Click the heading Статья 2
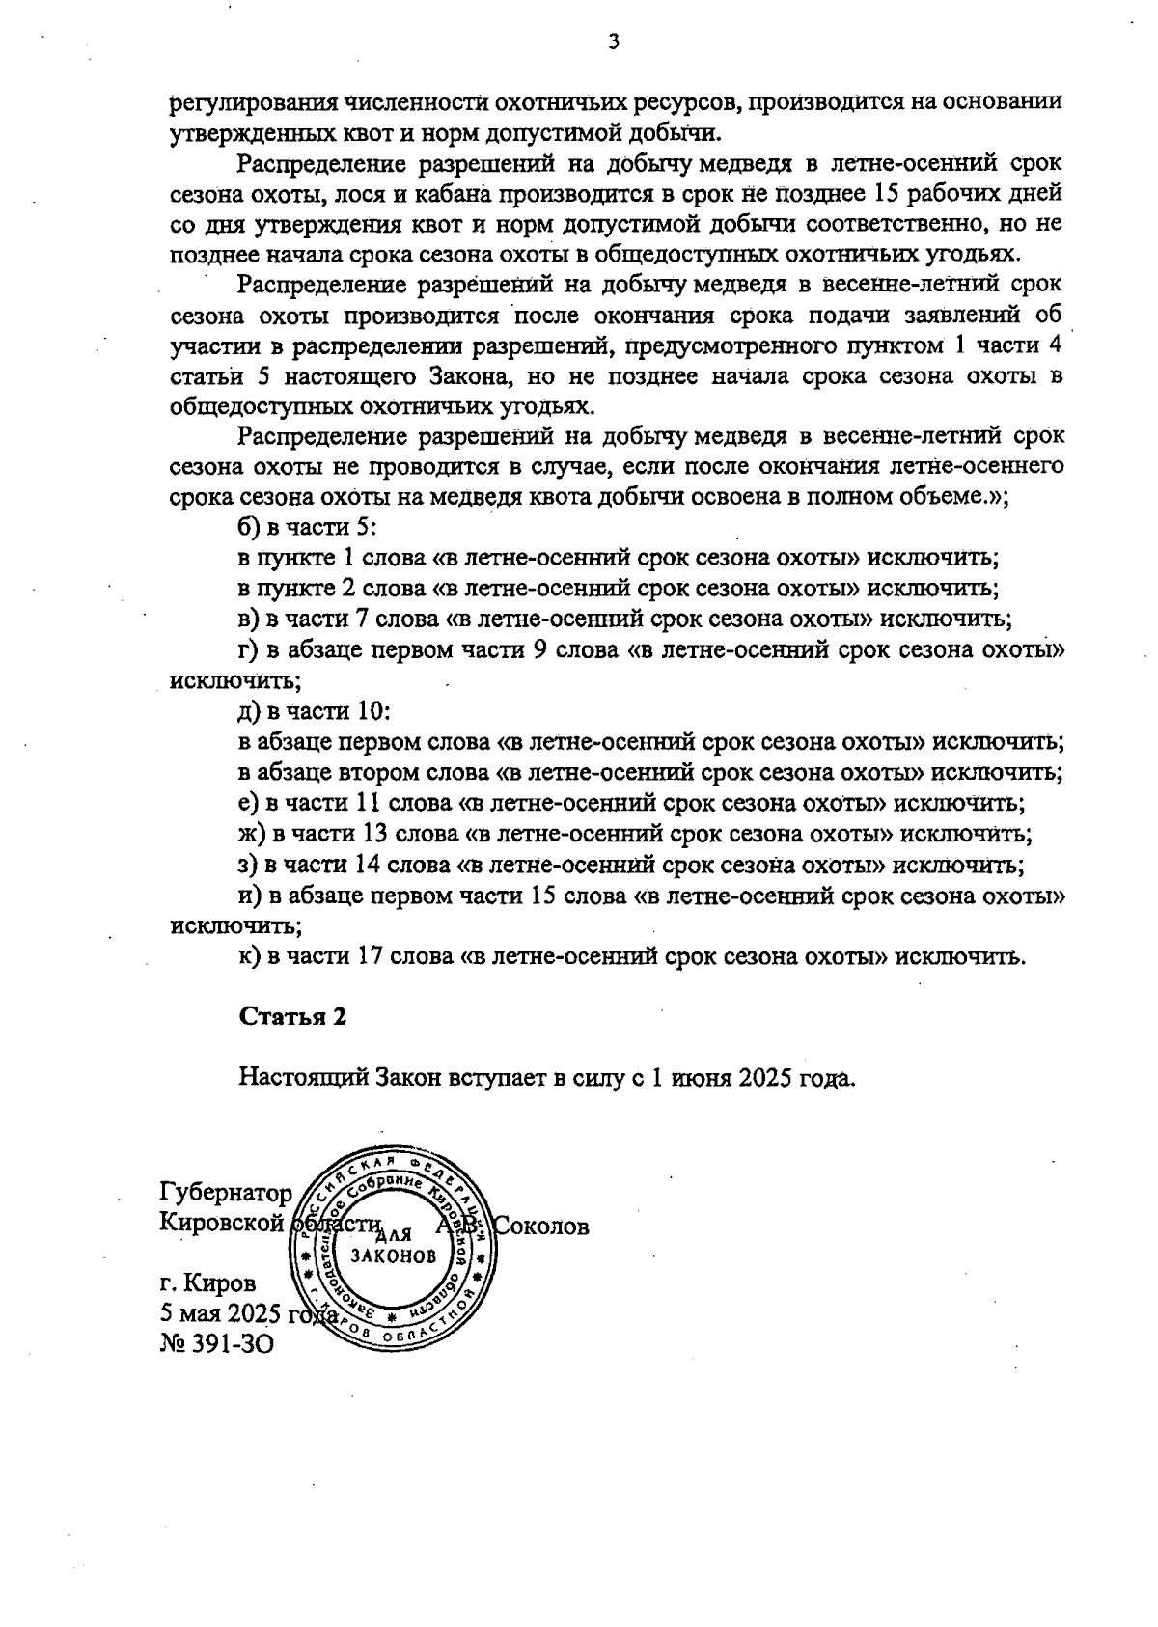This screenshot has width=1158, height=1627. [292, 1016]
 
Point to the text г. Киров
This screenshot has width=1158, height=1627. [208, 1284]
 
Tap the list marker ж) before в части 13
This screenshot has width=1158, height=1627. [253, 834]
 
